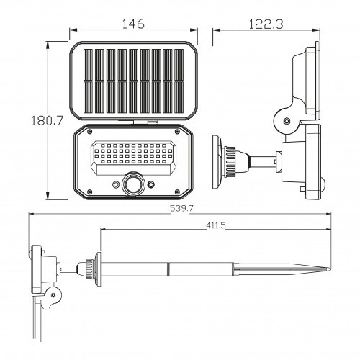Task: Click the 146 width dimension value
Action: pos(133,24)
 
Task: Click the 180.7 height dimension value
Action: pos(48,120)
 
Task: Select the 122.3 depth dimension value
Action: pos(266,24)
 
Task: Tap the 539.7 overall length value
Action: pos(181,208)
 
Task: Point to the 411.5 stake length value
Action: pos(216,225)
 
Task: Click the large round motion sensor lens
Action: pos(133,184)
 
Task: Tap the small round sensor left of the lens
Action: pos(116,184)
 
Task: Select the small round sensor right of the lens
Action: pos(151,184)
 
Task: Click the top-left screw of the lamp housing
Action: pos(89,131)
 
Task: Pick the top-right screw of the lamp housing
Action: pos(177,131)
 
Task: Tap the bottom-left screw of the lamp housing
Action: pos(89,192)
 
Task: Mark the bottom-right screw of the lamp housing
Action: pos(177,192)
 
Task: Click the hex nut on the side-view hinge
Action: pos(287,120)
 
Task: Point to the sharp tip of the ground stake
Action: pos(330,269)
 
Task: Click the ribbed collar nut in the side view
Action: pos(230,161)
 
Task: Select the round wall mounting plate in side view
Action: pos(217,162)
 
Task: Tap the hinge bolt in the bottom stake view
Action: pos(53,294)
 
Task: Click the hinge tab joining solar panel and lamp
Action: pos(145,122)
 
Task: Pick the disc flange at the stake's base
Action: pos(98,269)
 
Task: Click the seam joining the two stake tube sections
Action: pos(168,269)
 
